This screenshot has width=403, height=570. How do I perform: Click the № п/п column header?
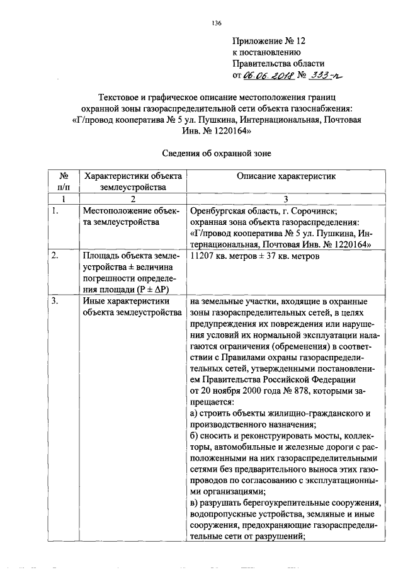click(63, 181)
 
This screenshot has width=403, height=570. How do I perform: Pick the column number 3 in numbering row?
click(287, 198)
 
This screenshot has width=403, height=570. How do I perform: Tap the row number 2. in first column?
click(55, 256)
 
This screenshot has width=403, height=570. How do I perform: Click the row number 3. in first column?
click(55, 302)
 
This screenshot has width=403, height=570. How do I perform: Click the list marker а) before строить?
click(194, 415)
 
